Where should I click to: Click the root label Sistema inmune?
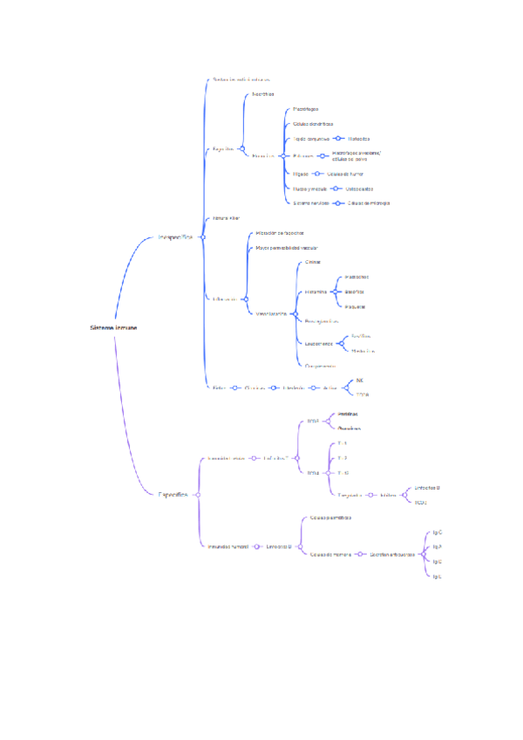(113, 328)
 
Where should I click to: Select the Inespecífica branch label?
(174, 236)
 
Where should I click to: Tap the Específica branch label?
(173, 495)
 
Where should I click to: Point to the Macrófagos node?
(306, 109)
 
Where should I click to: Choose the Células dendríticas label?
(313, 124)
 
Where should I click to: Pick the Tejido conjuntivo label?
(311, 139)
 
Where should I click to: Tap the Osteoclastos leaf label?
(360, 188)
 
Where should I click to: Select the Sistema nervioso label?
(311, 203)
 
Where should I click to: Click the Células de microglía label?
(369, 203)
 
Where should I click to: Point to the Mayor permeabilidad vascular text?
(287, 249)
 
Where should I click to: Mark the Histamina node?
(316, 292)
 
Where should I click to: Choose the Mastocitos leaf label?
(357, 277)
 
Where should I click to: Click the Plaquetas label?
(355, 307)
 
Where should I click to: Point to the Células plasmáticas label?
(331, 518)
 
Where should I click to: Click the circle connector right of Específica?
(198, 495)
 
